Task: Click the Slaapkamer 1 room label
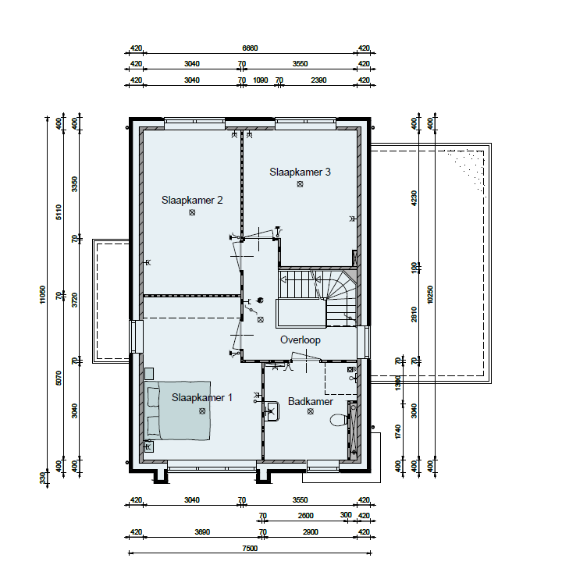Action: click(202, 397)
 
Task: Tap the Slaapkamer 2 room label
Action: click(192, 200)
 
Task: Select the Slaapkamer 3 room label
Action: click(300, 172)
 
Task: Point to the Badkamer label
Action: click(310, 401)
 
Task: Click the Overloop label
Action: click(301, 339)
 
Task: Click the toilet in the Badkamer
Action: click(339, 420)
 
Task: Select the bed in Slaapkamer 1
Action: click(177, 410)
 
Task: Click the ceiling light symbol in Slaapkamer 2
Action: click(192, 212)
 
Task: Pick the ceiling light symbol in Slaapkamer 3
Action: click(300, 184)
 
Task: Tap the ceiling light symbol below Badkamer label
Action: click(310, 411)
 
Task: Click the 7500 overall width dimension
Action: click(250, 549)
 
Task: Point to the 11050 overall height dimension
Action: click(42, 294)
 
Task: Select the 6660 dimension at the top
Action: click(250, 48)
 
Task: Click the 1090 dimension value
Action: click(261, 80)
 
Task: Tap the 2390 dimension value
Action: click(318, 80)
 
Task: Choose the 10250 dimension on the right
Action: click(430, 294)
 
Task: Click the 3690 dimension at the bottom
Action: click(202, 532)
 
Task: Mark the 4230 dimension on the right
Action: click(414, 197)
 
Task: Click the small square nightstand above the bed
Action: click(149, 373)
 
